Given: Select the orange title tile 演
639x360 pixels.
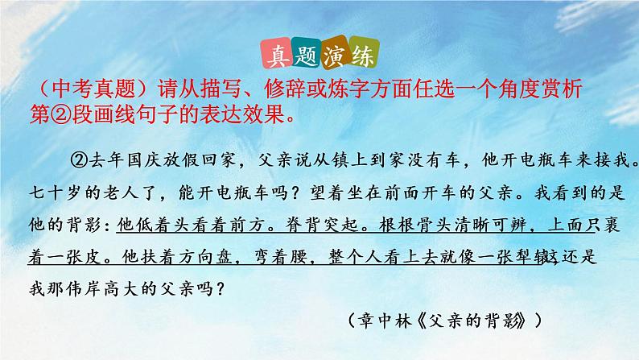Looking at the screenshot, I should pos(337,59).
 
